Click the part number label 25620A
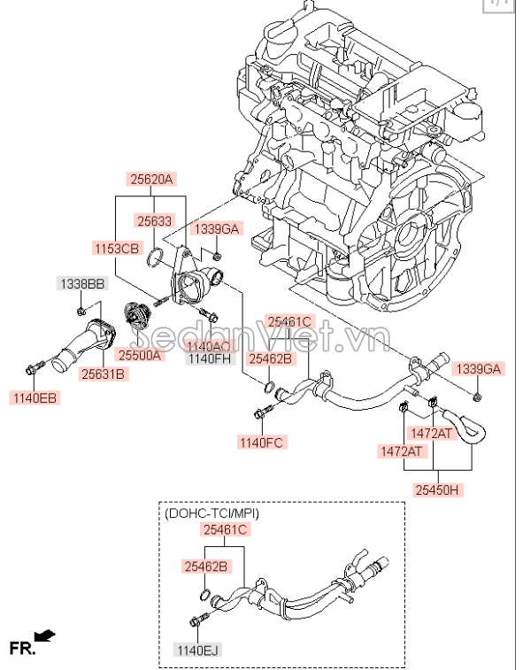(153, 178)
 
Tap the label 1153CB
(117, 249)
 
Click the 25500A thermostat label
(141, 355)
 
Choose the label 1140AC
(209, 346)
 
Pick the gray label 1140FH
(209, 359)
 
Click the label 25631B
(104, 374)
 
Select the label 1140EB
(34, 398)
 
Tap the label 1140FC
(261, 441)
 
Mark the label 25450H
(438, 489)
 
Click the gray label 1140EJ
(196, 650)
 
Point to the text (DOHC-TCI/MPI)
(212, 512)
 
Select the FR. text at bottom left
(21, 648)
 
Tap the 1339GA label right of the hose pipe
(477, 367)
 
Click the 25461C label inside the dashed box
(225, 529)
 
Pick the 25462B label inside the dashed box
(205, 566)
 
